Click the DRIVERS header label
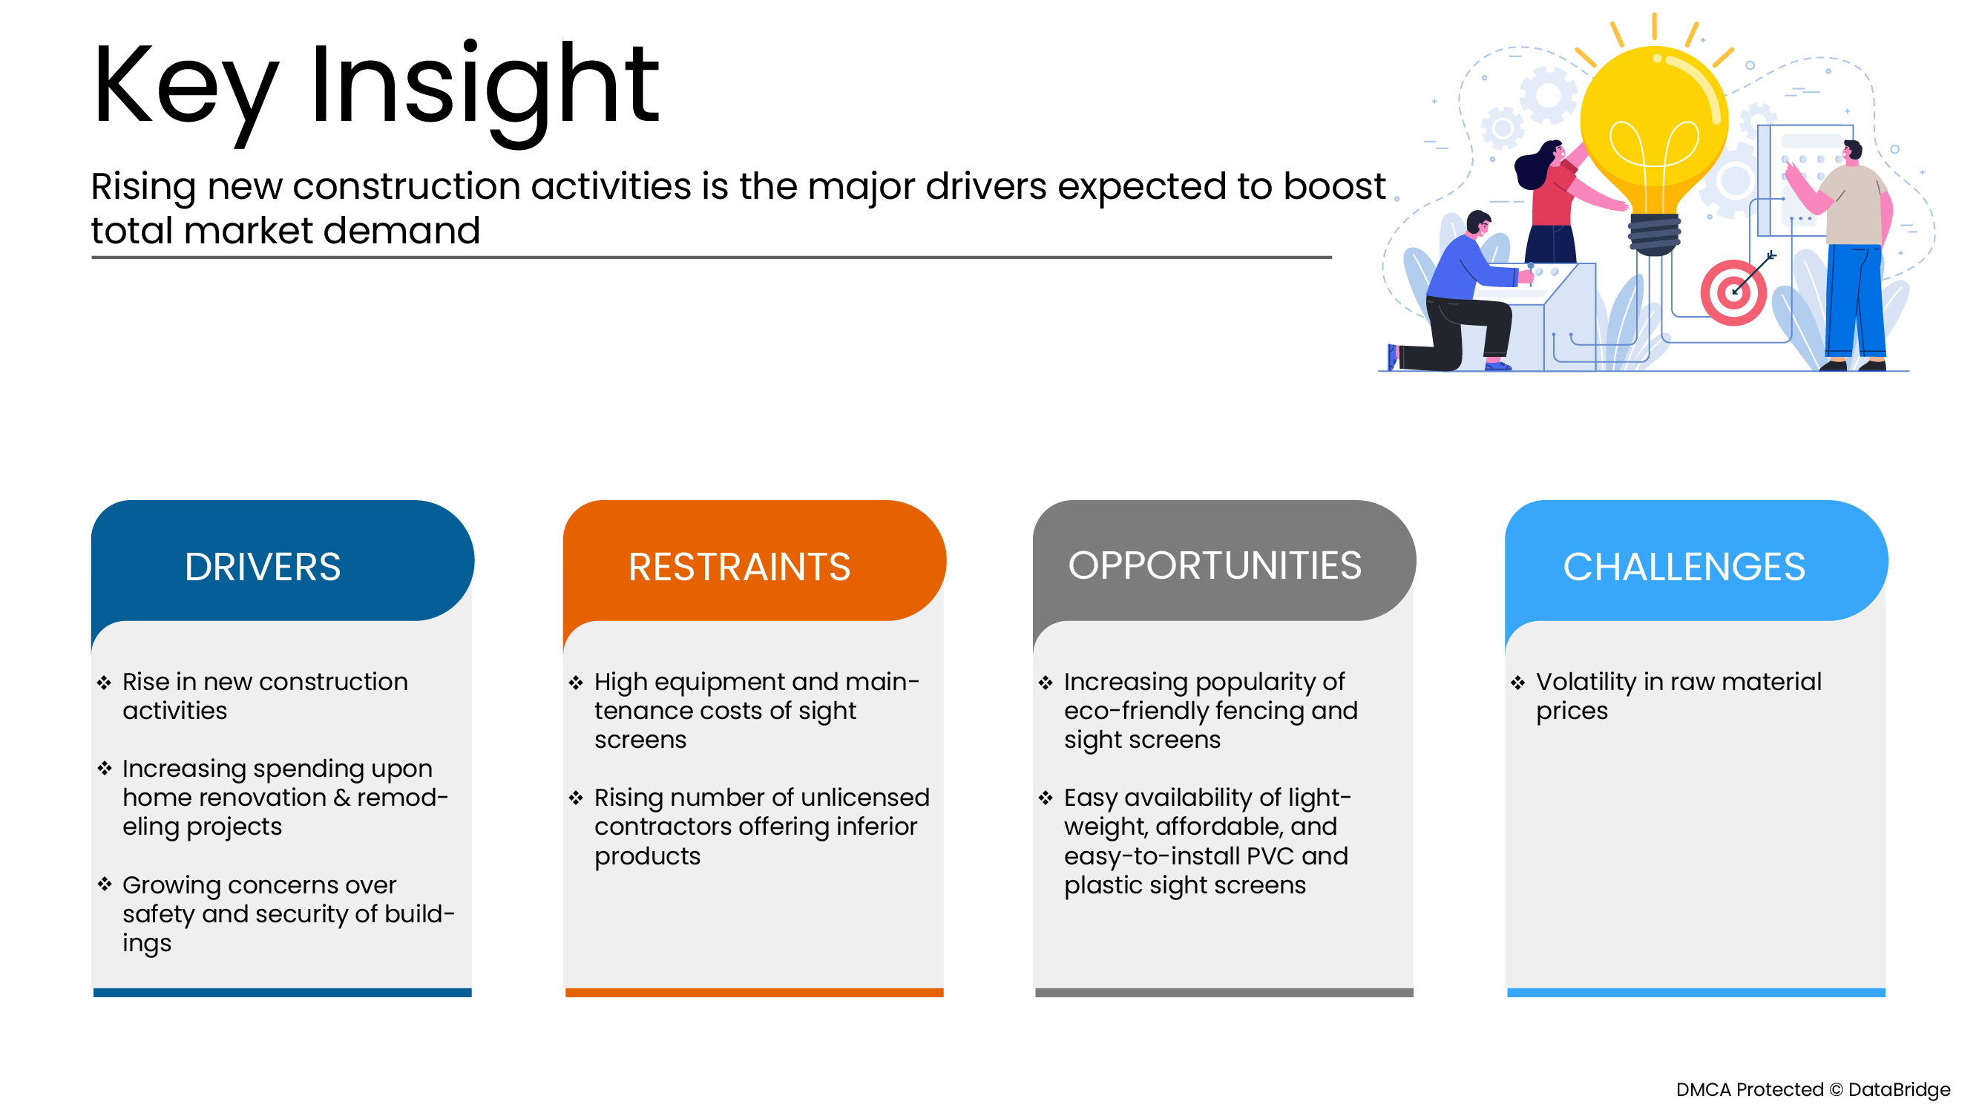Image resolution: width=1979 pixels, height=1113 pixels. [x=262, y=567]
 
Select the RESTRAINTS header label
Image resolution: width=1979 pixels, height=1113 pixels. [x=739, y=567]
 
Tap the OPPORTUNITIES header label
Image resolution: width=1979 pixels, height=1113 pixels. [x=1215, y=565]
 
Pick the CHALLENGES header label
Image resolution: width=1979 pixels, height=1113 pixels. [x=1683, y=567]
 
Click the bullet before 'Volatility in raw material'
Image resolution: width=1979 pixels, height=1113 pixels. [x=1517, y=682]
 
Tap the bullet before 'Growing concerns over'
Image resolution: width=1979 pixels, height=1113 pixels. [x=105, y=884]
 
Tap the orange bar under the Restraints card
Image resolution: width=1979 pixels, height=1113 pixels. [x=754, y=992]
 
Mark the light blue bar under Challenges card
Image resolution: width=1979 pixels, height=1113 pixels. [x=1696, y=992]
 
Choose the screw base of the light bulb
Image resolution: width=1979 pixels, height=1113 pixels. [x=1654, y=234]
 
